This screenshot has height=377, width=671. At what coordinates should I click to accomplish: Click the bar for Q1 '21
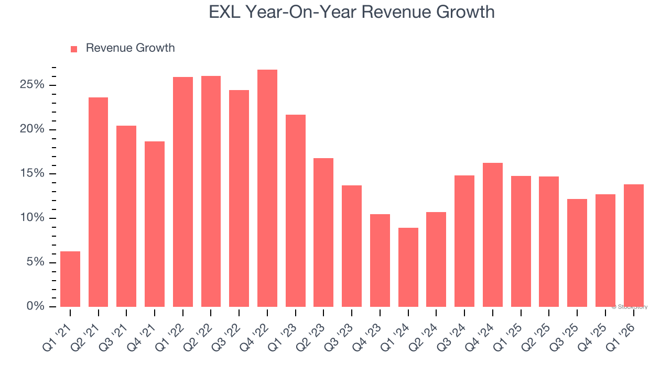point(70,279)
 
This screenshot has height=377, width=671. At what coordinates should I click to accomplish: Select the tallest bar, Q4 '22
point(267,188)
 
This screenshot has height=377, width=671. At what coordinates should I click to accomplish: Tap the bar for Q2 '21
point(98,202)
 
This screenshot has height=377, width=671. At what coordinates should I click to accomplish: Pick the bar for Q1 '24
point(408,267)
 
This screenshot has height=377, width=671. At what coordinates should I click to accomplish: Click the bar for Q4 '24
point(492,235)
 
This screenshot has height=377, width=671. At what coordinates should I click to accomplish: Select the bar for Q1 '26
point(633,246)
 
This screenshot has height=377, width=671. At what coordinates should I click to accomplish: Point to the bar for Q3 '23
point(352,246)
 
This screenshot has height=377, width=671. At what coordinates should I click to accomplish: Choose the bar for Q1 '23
point(295,210)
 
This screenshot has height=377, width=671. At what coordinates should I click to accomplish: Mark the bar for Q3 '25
point(577,253)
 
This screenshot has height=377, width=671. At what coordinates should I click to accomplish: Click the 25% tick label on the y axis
point(32,85)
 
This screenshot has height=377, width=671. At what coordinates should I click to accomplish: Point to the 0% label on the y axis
point(35,306)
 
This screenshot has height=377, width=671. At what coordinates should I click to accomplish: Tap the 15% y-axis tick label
point(32,174)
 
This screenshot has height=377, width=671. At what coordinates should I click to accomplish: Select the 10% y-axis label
point(32,218)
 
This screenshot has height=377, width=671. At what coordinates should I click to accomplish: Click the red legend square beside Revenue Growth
point(74,49)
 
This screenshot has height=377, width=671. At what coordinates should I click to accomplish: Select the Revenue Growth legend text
point(130,48)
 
